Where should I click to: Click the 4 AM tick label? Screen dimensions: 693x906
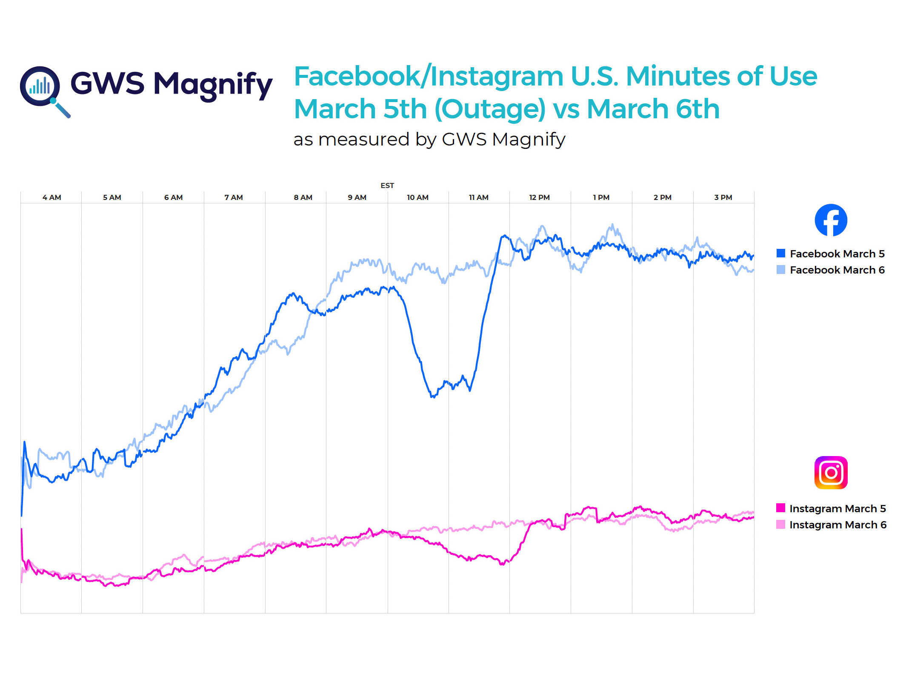(x=51, y=197)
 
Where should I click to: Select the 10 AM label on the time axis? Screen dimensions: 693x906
(x=417, y=197)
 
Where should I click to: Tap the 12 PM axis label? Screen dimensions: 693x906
(x=539, y=197)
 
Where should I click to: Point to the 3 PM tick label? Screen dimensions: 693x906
(x=723, y=197)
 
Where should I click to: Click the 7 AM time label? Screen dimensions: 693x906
(x=234, y=197)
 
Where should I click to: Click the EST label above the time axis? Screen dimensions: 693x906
(x=387, y=185)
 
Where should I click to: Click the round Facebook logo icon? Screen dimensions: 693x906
(x=831, y=220)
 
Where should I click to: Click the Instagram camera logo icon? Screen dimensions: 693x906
(x=831, y=473)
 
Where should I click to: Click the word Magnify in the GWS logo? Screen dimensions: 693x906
(x=213, y=84)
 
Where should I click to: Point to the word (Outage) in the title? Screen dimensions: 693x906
(x=489, y=109)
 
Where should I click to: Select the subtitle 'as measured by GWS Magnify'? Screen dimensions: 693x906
(x=429, y=140)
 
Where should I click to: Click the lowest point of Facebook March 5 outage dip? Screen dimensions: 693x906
(x=433, y=396)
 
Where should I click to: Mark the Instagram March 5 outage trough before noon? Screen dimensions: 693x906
(x=502, y=564)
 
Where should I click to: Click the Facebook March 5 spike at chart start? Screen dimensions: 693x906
(x=25, y=442)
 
